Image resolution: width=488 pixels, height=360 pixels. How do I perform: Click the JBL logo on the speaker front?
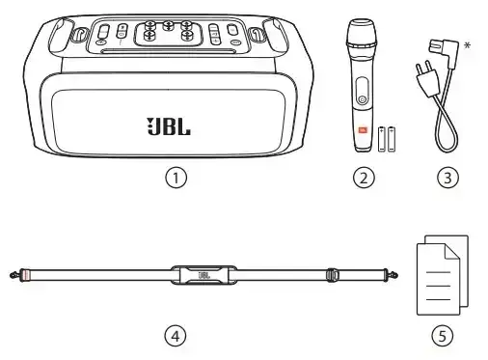pyautogui.click(x=169, y=126)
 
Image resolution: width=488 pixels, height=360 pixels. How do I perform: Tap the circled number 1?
pyautogui.click(x=176, y=178)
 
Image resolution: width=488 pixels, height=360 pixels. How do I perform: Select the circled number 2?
pyautogui.click(x=364, y=178)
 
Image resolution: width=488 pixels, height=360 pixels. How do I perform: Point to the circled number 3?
pyautogui.click(x=448, y=178)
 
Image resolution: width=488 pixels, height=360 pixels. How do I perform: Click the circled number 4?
pyautogui.click(x=176, y=336)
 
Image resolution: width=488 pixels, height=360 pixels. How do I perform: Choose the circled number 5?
pyautogui.click(x=443, y=336)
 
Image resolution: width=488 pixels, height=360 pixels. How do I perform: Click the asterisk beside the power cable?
pyautogui.click(x=467, y=45)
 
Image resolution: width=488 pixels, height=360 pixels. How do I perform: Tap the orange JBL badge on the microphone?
pyautogui.click(x=363, y=130)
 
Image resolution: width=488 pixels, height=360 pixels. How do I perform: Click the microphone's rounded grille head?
pyautogui.click(x=361, y=33)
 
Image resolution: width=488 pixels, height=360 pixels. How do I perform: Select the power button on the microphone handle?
pyautogui.click(x=363, y=99)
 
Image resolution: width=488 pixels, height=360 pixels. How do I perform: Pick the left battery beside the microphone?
pyautogui.click(x=382, y=139)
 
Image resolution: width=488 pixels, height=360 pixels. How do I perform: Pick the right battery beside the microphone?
pyautogui.click(x=392, y=139)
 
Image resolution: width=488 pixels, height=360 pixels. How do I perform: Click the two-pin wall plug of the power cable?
pyautogui.click(x=426, y=79)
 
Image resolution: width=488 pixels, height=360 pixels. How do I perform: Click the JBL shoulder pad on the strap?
pyautogui.click(x=203, y=275)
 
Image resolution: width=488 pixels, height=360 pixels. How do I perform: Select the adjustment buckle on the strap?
pyautogui.click(x=333, y=275)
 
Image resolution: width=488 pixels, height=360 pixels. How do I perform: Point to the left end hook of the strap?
pyautogui.click(x=14, y=275)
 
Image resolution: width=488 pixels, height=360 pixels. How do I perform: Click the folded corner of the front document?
pyautogui.click(x=451, y=252)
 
